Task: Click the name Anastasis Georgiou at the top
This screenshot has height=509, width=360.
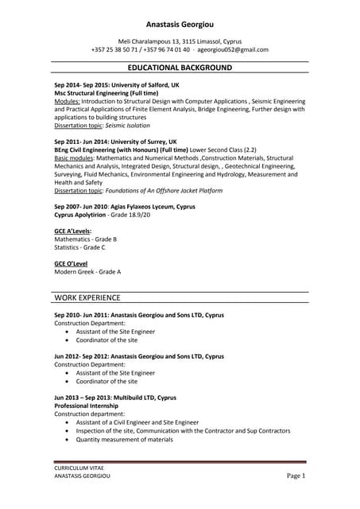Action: [x=180, y=25]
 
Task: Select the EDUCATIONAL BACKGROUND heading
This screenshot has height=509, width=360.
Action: [x=180, y=68]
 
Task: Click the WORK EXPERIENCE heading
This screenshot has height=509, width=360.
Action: [x=87, y=298]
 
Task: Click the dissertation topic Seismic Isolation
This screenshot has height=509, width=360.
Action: [x=127, y=126]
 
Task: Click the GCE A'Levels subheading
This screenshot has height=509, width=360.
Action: [x=73, y=231]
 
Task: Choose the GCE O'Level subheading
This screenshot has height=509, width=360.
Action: [x=71, y=263]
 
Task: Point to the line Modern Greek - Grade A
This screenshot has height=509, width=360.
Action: [x=87, y=272]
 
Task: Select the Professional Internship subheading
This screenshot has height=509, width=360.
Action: [x=86, y=406]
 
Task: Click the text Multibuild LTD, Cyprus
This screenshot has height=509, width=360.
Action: [x=146, y=397]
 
